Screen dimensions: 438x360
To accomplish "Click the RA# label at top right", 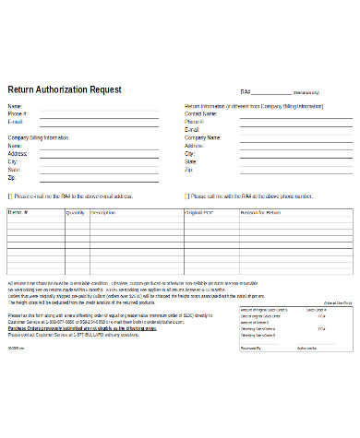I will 246,92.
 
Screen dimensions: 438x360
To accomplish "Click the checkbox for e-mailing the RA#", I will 10,195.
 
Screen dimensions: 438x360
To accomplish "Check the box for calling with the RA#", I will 187,195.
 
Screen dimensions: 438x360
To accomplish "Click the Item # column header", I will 18,212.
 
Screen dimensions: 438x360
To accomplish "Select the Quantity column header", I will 75,212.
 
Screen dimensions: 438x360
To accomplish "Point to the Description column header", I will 102,212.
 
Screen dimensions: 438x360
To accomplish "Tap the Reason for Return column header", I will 261,212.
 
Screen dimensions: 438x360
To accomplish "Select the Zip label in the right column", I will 187,170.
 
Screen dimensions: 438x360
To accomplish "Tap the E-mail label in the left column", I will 15,122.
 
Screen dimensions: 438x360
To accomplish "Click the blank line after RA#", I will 270,93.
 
